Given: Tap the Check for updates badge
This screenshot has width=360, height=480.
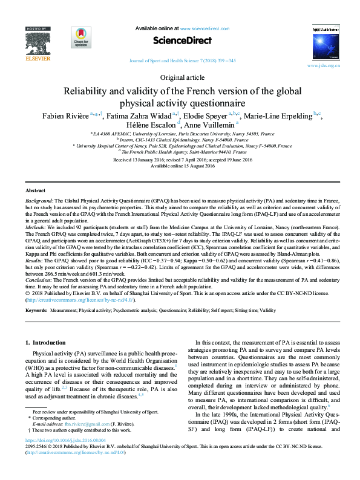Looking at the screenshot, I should tap(81, 37).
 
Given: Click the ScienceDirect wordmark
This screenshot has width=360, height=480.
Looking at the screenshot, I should tap(183, 41).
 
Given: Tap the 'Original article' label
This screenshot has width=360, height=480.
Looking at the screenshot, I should tap(180, 78).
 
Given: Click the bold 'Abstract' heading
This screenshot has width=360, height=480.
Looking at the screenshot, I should tap(35, 190).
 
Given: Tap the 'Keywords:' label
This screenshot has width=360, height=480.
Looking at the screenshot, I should tap(37, 310).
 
